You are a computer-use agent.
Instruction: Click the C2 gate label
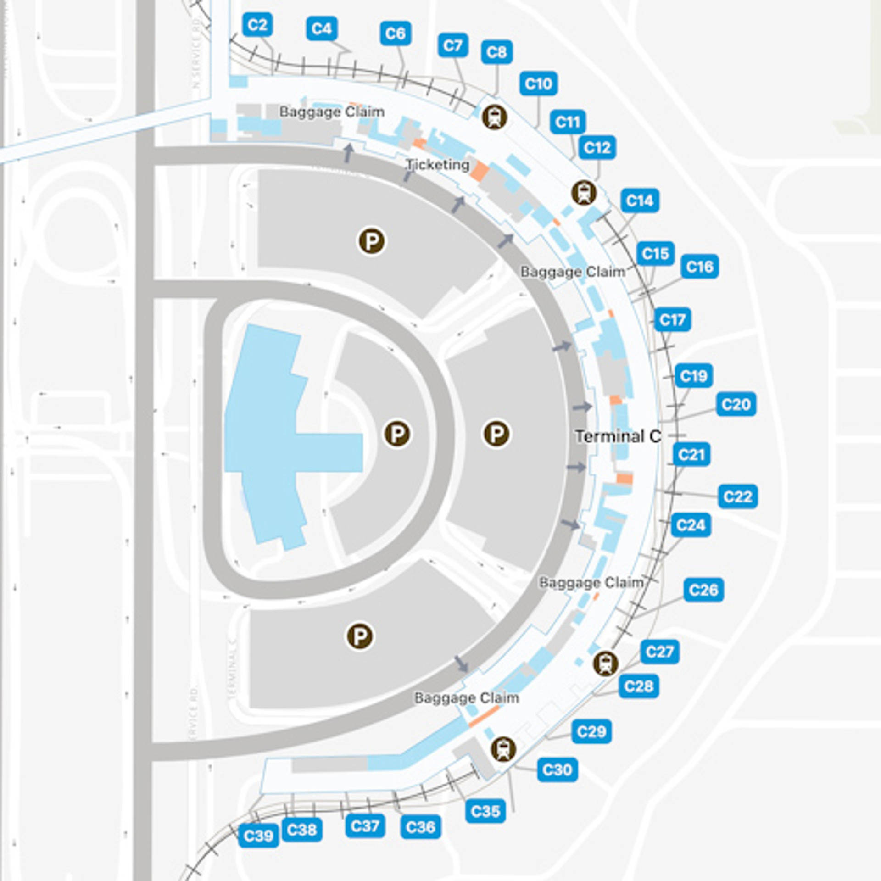click(x=257, y=25)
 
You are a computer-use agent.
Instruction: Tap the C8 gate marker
click(x=496, y=52)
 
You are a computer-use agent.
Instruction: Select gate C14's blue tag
click(x=640, y=201)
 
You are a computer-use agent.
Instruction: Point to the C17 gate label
click(x=672, y=320)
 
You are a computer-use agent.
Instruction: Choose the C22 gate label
click(x=737, y=496)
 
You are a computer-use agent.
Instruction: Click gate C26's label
click(x=703, y=590)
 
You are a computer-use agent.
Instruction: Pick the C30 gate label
click(x=557, y=769)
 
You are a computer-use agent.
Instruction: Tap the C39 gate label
click(x=258, y=836)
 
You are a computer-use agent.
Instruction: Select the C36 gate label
click(x=420, y=827)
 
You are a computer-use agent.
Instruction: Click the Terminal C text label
click(x=618, y=436)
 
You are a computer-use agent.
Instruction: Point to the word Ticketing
click(x=438, y=165)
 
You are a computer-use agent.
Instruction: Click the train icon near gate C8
click(x=494, y=117)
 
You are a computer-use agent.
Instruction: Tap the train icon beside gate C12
click(x=584, y=193)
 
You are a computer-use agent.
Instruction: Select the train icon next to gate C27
click(x=606, y=664)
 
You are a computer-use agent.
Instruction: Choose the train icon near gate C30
click(x=503, y=749)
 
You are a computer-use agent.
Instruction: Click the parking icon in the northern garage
click(x=372, y=241)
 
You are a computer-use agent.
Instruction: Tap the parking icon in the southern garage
click(x=360, y=636)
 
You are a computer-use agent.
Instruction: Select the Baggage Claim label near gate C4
click(x=332, y=112)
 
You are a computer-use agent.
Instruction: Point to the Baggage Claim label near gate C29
click(x=467, y=698)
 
